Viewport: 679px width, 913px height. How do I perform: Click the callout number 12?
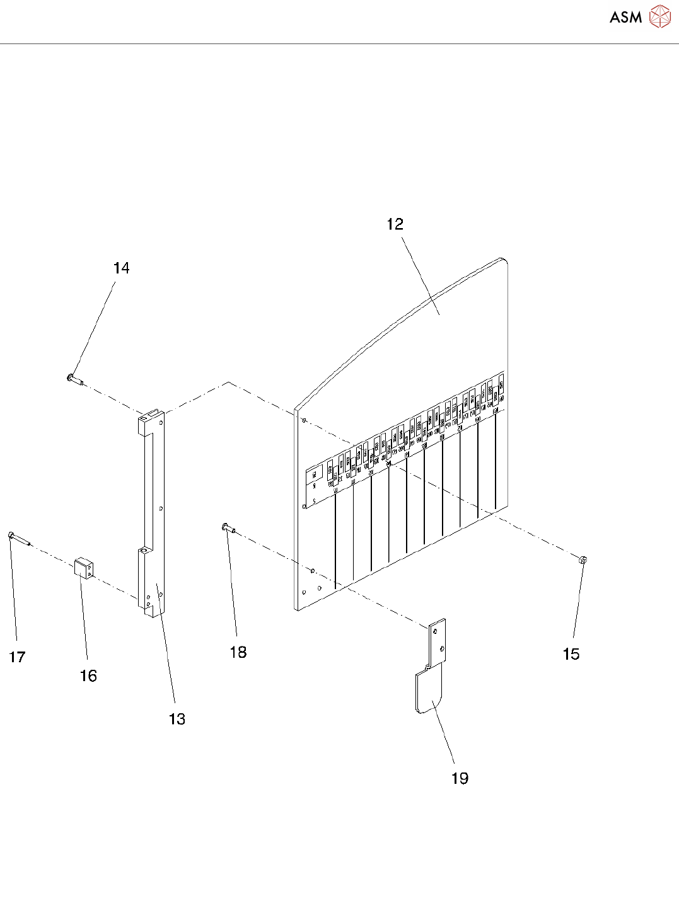point(395,224)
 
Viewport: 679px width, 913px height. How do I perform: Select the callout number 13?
point(177,719)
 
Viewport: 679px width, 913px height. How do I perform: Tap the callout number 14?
point(121,268)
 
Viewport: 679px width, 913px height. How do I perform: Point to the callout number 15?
point(571,654)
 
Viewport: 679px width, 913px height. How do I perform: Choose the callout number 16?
point(88,676)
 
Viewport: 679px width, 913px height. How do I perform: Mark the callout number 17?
point(17,657)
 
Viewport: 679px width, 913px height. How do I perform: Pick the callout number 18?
point(238,652)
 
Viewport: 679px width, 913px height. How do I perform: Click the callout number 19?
point(460,779)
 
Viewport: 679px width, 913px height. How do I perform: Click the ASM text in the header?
point(625,18)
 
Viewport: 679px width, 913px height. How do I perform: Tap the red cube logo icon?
point(659,17)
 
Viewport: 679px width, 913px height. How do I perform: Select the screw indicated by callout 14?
point(74,379)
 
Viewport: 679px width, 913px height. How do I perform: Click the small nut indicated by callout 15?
point(583,559)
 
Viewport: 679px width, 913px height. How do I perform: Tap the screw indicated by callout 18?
point(228,528)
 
